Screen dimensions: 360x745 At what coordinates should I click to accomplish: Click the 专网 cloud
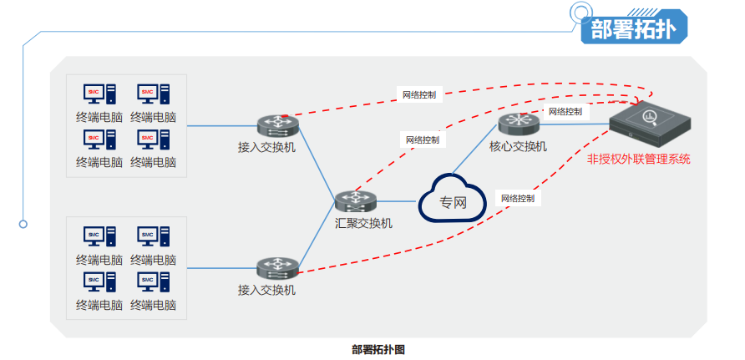(x=452, y=200)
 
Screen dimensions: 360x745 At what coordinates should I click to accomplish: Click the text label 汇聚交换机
(x=363, y=223)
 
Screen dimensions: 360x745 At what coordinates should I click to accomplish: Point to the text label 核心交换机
(x=518, y=147)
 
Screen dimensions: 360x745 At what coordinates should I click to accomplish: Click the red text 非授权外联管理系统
(x=639, y=158)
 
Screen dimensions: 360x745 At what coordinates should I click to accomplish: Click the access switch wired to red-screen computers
(x=277, y=126)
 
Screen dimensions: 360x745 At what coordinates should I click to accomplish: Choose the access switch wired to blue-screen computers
(x=277, y=268)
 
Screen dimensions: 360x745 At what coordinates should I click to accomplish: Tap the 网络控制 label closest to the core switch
(x=565, y=111)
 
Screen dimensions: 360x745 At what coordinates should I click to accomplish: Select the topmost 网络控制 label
(x=418, y=94)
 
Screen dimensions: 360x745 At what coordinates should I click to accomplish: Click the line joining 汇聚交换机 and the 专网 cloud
(x=398, y=201)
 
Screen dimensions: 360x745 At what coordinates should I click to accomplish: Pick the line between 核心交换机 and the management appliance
(x=576, y=124)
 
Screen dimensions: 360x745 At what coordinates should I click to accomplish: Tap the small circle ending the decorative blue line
(x=23, y=224)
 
